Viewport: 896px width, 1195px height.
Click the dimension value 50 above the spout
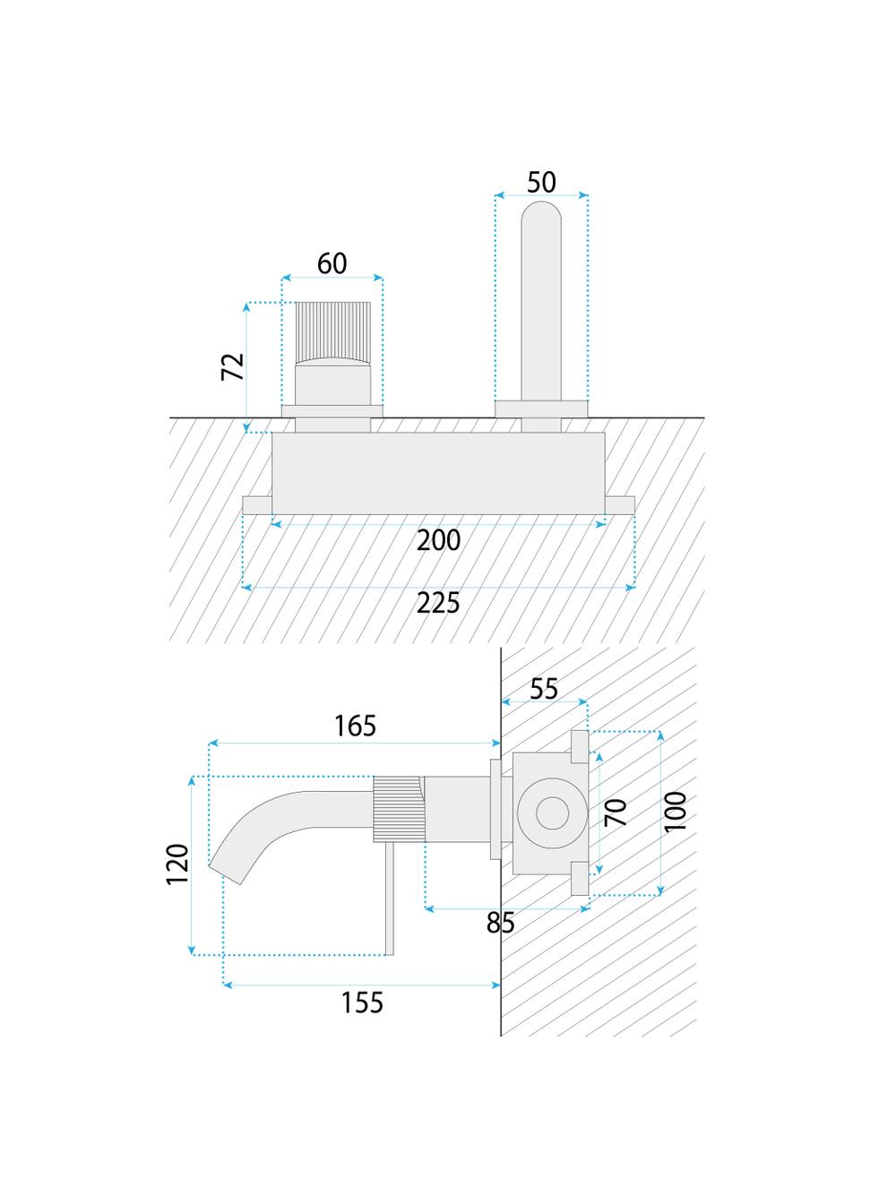541,183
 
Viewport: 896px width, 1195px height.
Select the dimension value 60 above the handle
332,264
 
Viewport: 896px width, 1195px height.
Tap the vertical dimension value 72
233,366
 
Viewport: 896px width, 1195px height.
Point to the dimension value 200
439,540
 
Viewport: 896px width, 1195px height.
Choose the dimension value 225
438,603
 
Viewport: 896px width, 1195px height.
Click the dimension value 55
544,689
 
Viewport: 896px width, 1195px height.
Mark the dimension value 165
355,726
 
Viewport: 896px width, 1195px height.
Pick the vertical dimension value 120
178,864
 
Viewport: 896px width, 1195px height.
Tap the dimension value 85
500,923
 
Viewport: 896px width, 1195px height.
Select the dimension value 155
362,1002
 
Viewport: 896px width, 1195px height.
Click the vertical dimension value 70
616,812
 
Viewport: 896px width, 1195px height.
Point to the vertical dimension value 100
676,812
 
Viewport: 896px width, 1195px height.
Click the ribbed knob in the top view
332,332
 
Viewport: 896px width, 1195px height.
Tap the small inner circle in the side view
553,813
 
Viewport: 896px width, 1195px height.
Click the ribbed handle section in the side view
399,809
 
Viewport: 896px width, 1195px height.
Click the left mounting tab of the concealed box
257,504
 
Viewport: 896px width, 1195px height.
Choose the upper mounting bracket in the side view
579,746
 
